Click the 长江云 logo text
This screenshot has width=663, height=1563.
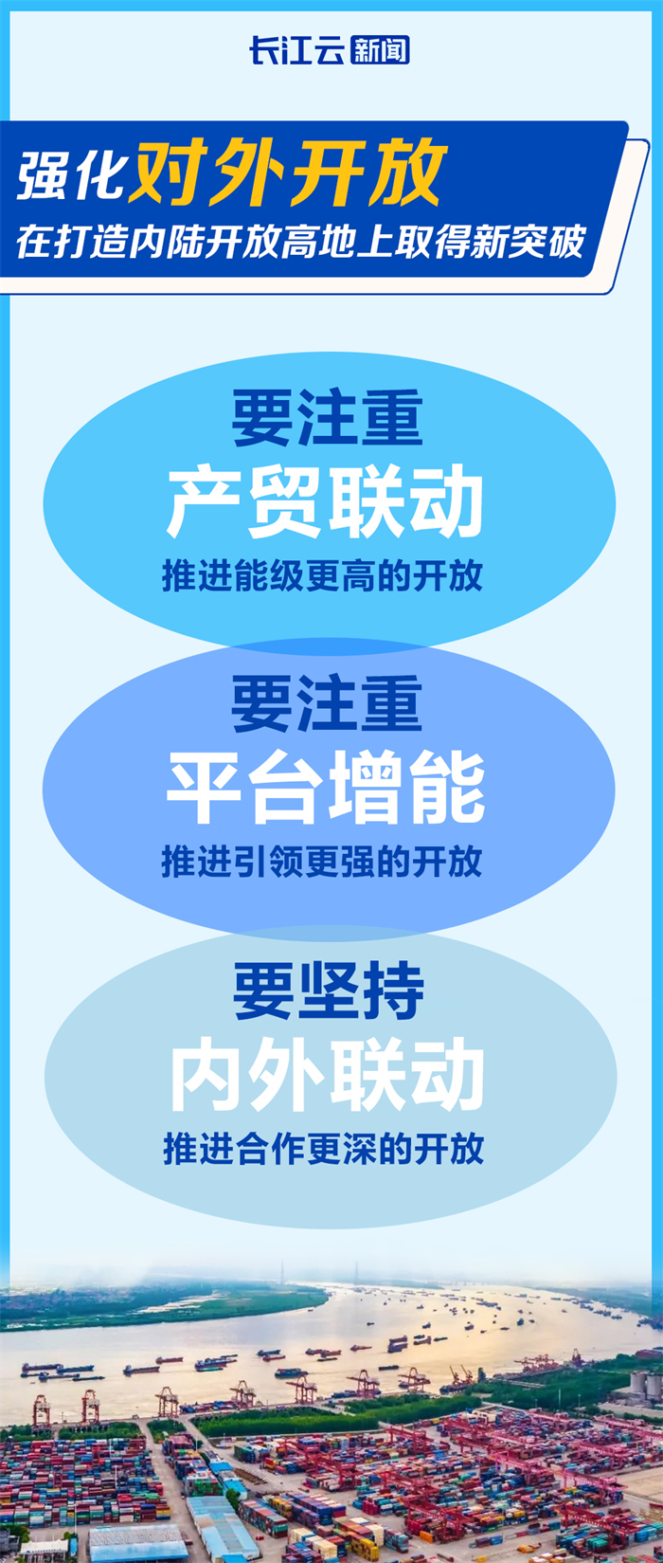tap(297, 50)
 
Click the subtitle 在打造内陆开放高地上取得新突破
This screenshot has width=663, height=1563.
tap(300, 242)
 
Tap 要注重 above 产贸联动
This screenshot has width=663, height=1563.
tap(328, 417)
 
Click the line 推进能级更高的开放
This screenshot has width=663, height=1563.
tap(322, 575)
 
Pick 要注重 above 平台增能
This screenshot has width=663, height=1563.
tap(327, 703)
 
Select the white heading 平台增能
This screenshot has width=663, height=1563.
tap(326, 789)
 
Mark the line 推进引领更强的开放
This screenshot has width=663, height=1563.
tap(322, 862)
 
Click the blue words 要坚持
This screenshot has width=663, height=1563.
tap(329, 991)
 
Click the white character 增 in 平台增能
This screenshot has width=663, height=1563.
tap(366, 789)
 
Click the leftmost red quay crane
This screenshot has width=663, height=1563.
tap(41, 1409)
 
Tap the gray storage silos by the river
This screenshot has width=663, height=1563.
tap(644, 1385)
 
